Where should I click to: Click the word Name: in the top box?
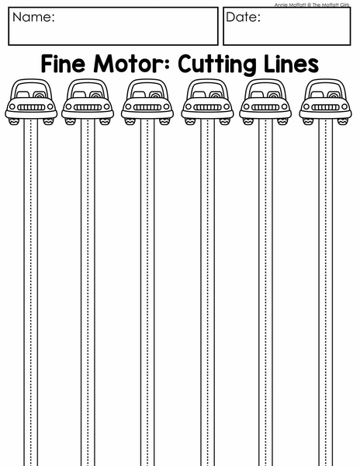pos(33,17)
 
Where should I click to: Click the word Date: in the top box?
pos(243,17)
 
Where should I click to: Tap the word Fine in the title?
pos(63,64)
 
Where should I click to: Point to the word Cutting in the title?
pos(217,64)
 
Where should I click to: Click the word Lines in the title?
pos(292,64)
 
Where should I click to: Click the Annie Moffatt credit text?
pos(312,5)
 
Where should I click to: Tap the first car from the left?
pos(31,102)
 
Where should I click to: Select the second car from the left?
pos(88,102)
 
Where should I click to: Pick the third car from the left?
pos(147,102)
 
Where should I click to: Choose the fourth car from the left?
pos(207,102)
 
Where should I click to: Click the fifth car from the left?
pos(265,102)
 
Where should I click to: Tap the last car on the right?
pos(325,102)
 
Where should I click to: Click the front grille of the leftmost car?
pos(31,107)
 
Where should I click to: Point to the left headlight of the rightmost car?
pos(306,106)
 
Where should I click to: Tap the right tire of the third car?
pos(164,121)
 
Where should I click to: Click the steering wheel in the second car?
pos(96,95)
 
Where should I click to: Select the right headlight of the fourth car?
pos(227,106)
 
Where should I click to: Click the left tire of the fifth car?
pos(248,121)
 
